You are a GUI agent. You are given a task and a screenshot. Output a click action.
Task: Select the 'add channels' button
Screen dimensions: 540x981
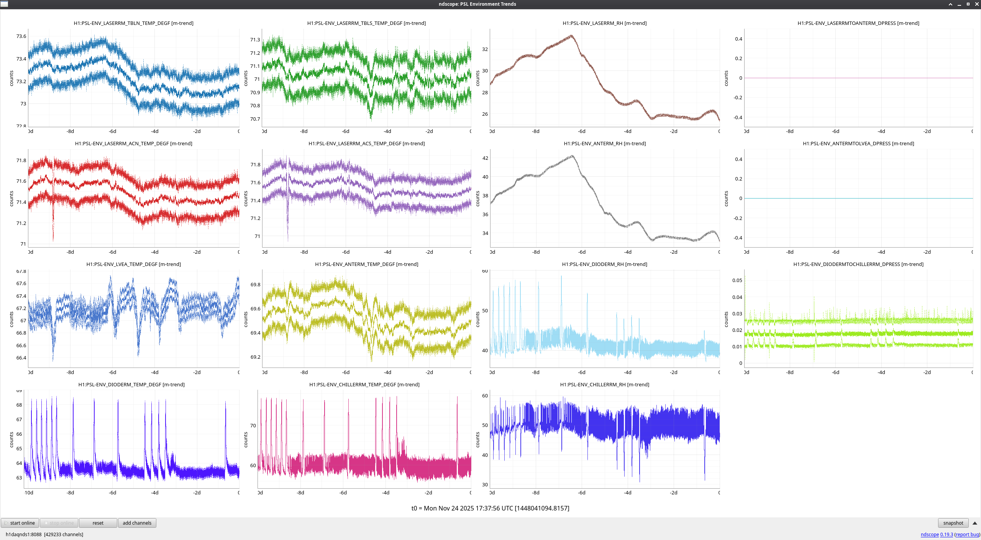coord(137,523)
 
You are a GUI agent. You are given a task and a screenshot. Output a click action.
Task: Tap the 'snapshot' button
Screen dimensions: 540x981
coord(953,523)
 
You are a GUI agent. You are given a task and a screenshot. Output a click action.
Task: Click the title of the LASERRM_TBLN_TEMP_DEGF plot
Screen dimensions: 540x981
coord(133,23)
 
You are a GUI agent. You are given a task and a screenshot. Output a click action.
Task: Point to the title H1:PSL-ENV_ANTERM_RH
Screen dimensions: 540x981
coord(605,143)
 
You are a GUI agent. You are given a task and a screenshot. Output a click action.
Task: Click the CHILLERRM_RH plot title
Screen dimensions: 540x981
coord(604,384)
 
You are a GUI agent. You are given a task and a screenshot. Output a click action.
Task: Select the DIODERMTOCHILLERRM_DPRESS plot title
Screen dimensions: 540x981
coord(858,264)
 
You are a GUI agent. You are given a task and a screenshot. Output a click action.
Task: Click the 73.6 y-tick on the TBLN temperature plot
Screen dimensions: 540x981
coord(21,36)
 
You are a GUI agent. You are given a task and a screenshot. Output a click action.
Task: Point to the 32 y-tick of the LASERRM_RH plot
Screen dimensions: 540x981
coord(485,49)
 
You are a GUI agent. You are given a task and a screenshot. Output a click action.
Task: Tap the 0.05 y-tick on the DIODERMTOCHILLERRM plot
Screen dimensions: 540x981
coord(737,280)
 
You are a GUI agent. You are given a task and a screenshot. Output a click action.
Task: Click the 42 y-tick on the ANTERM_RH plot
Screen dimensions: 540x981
coord(485,158)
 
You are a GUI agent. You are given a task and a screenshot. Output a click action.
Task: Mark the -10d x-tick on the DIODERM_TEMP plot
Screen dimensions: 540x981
coord(29,492)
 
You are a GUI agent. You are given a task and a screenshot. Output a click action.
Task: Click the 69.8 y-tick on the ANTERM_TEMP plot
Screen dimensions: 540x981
coord(255,284)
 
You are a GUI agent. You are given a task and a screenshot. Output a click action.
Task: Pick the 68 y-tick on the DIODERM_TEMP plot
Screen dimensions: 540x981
coord(19,405)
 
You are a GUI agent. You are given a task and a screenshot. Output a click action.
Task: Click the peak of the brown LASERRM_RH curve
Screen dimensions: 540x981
coord(571,36)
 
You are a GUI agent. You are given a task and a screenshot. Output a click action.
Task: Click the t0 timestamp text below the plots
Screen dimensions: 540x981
coord(490,508)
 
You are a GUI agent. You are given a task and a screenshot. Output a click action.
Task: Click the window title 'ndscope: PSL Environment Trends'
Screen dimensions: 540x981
coord(477,4)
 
